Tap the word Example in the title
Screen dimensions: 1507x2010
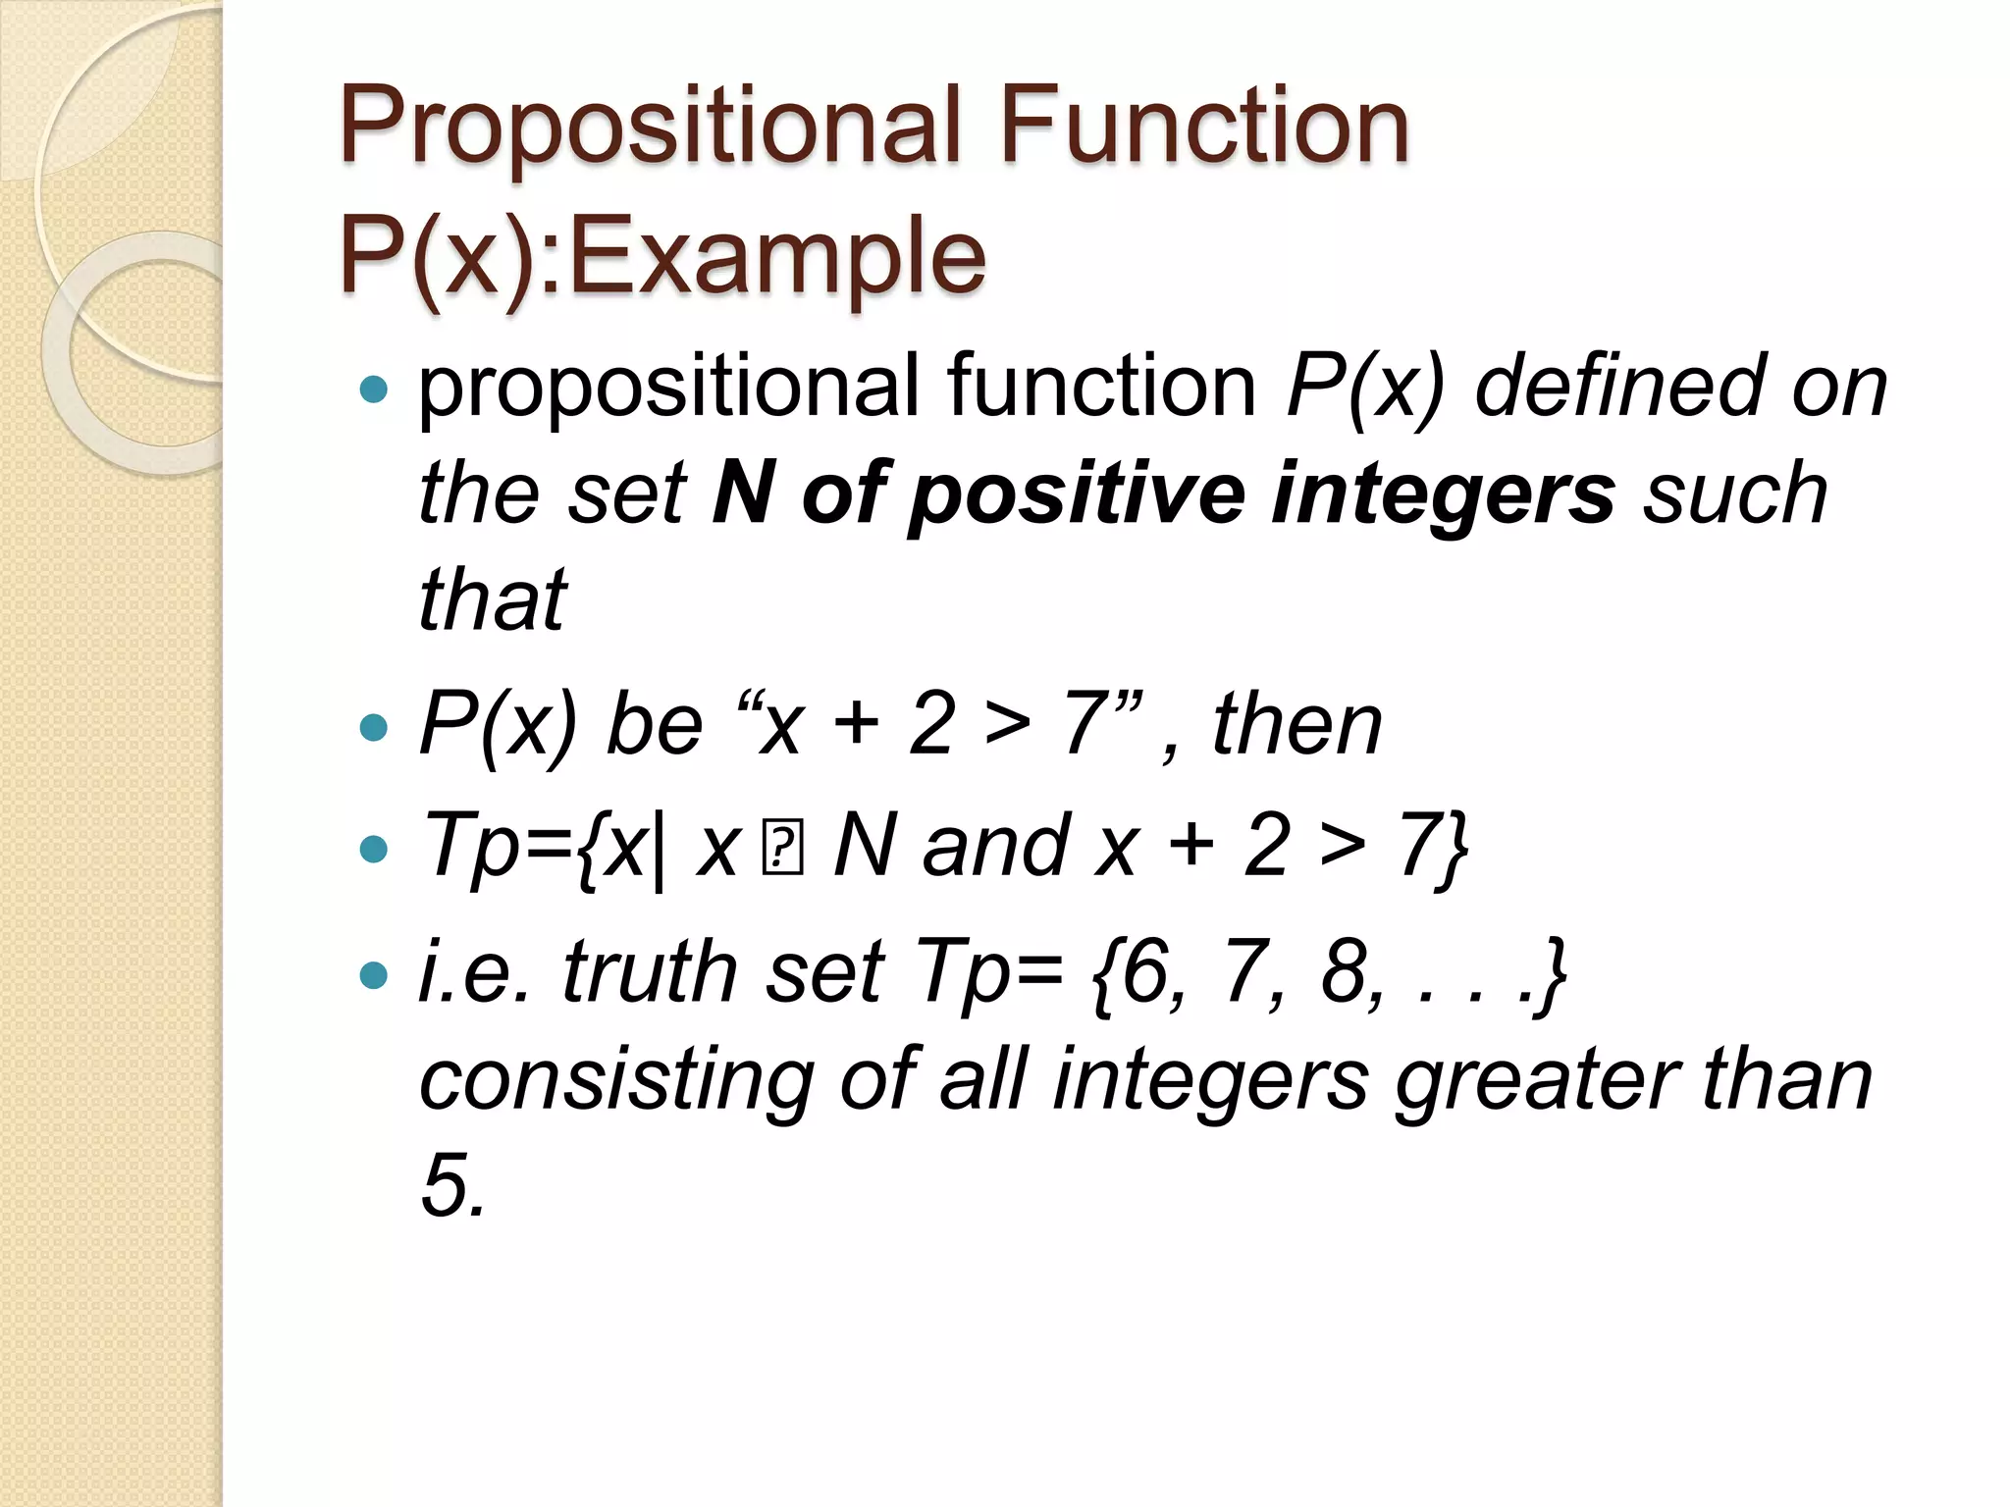[x=776, y=257]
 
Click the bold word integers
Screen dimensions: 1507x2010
[x=1443, y=494]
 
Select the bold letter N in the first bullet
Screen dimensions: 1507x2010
[x=743, y=492]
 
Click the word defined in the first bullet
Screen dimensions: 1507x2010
[x=1620, y=387]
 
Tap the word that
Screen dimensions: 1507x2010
[x=493, y=598]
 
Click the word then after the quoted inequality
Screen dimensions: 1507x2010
[x=1296, y=724]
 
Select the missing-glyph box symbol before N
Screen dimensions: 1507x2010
[x=783, y=850]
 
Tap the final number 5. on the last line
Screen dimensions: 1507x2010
[x=452, y=1184]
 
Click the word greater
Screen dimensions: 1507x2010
[x=1537, y=1079]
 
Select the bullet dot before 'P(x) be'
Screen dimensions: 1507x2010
[x=374, y=727]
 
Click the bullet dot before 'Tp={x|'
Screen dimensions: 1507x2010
[x=374, y=849]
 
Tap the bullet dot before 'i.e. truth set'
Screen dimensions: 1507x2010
[x=374, y=974]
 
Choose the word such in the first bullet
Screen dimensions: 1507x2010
[x=1735, y=494]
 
